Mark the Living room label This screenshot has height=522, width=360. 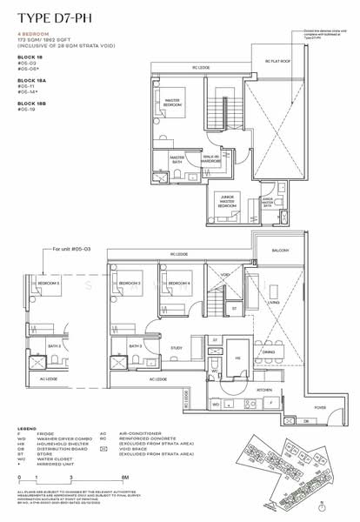297,304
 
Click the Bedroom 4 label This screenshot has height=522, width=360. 178,284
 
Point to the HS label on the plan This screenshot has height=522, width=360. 237,357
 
